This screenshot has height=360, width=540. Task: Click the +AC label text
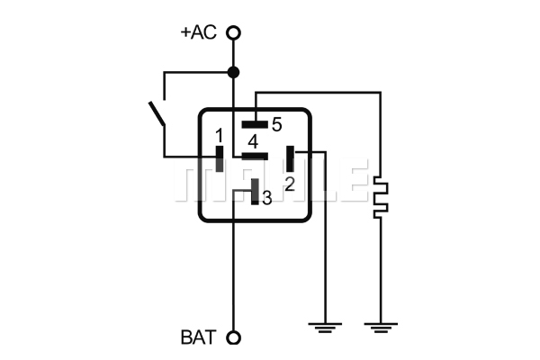199,32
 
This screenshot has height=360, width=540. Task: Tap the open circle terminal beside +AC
233,33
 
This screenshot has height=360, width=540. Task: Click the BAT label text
199,337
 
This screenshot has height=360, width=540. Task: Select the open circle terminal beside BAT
233,337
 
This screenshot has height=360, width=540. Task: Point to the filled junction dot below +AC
233,72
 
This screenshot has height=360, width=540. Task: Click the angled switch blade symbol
157,113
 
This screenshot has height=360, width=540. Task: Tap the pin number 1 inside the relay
219,136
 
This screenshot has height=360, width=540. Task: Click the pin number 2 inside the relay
290,184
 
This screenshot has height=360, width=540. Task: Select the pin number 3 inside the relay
267,198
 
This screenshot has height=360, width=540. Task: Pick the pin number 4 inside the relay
253,141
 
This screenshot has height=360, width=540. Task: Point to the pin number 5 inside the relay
277,124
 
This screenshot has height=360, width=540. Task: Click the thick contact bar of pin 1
220,158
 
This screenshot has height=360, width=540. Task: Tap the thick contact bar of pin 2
291,158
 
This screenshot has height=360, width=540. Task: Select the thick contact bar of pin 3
255,192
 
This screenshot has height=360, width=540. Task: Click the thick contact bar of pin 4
255,157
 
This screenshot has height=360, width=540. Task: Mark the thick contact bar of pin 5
255,124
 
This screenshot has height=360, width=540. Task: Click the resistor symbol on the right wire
381,197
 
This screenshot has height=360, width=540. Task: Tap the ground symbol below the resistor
381,328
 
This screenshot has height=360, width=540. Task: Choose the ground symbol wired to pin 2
325,328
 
